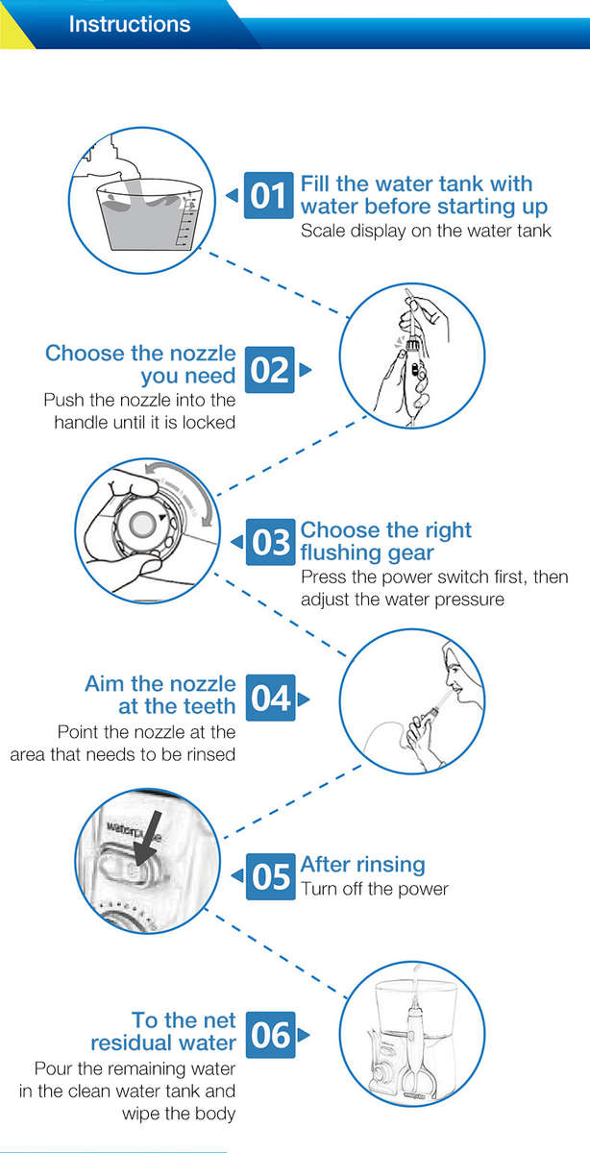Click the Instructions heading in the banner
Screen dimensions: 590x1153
[x=130, y=24]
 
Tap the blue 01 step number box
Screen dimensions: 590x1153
[x=269, y=195]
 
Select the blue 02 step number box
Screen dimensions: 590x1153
[x=270, y=370]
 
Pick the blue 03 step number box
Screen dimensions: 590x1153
[x=271, y=542]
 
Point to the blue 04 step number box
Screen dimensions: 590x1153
[x=271, y=698]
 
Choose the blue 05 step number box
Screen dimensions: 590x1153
[x=271, y=876]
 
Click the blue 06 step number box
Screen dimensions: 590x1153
[x=271, y=1035]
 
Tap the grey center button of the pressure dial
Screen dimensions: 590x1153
[x=141, y=524]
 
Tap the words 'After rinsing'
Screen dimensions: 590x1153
[x=363, y=865]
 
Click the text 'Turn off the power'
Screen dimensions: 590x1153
[x=375, y=889]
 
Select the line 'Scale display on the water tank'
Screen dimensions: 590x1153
[x=426, y=231]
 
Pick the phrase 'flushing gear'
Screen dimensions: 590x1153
[x=367, y=552]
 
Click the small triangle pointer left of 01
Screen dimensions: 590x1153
[x=232, y=195]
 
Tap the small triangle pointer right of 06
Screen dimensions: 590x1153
[x=304, y=1035]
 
